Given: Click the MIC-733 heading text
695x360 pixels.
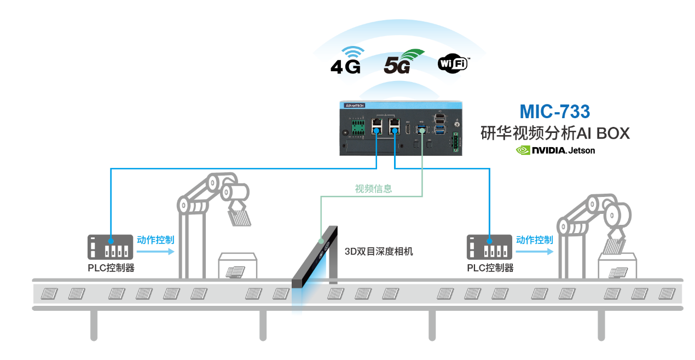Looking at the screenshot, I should coord(554,112).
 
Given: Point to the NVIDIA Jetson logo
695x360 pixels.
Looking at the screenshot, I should coord(555,150).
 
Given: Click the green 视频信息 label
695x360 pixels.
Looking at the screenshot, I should coord(373,189).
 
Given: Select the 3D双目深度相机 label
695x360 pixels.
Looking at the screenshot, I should coord(379,252).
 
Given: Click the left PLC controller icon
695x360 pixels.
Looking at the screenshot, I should coord(110,247).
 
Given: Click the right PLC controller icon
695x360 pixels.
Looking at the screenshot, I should coord(489,247).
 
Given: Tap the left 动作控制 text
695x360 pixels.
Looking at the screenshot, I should coord(155,240).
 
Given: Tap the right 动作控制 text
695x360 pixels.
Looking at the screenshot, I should coord(534,240).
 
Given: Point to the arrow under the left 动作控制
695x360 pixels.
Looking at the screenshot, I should coord(155,252).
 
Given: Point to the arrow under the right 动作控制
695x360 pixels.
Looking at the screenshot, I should coord(534,252).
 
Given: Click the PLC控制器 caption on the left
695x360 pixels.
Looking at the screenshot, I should coord(111,268).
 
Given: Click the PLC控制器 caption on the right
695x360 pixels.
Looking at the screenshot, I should coord(490,268).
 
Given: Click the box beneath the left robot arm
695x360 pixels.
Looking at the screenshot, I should coord(238,266).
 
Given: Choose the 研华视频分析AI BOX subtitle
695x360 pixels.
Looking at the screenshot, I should coord(554,133).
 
